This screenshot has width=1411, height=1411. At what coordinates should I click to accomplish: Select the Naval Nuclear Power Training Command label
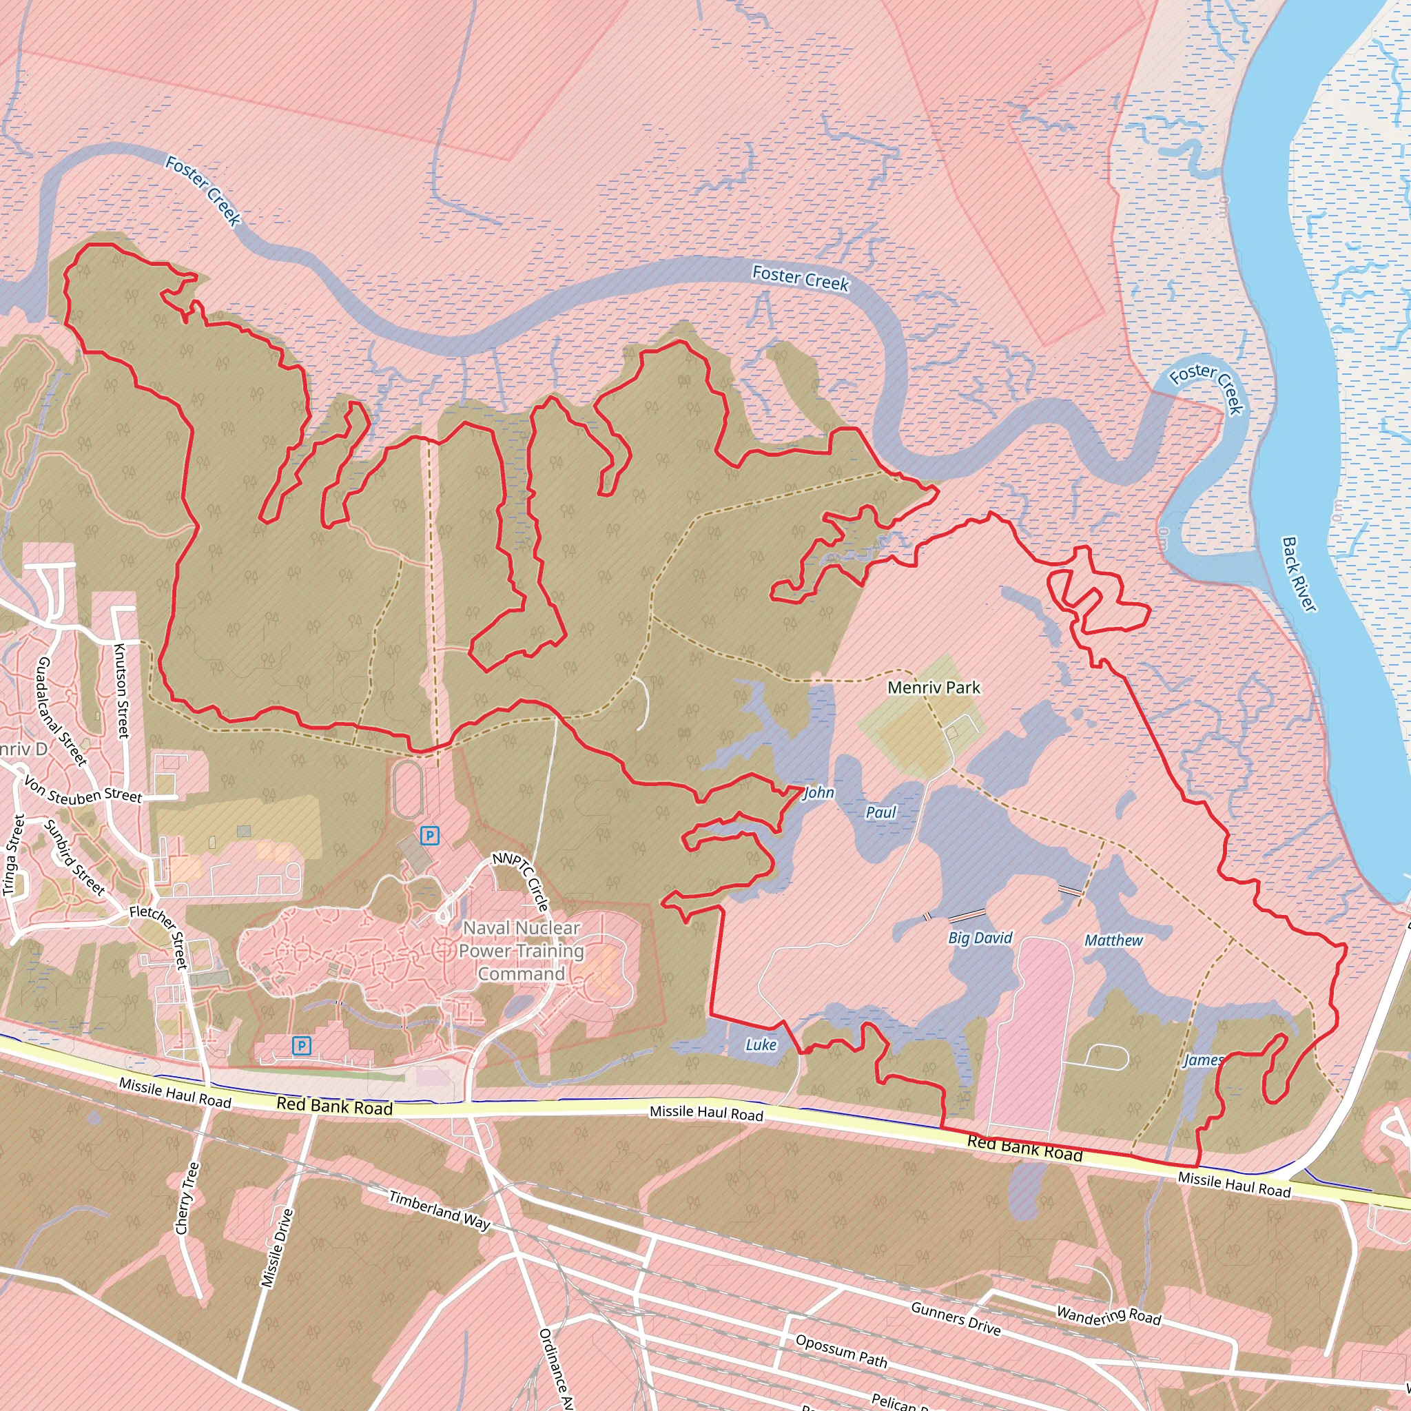pos(521,950)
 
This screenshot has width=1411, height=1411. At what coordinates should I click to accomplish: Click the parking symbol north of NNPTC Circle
pos(430,836)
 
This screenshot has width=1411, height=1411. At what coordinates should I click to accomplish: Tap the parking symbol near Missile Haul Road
pos(302,1046)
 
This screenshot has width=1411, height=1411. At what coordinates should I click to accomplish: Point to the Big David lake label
pos(980,938)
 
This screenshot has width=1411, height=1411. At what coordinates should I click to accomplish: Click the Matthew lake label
pos(1113,940)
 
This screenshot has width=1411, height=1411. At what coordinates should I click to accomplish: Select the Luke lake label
pos(761,1045)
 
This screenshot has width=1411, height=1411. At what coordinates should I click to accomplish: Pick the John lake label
pos(818,792)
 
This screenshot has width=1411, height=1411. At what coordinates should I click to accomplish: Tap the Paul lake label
pos(880,812)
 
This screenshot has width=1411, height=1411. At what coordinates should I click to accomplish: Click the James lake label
pos(1203,1060)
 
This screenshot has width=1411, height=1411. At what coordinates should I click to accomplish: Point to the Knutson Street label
pos(122,690)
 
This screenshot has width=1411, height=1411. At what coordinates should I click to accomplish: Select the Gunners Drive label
pos(956,1319)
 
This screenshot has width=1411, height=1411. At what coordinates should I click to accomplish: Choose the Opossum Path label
pos(841,1350)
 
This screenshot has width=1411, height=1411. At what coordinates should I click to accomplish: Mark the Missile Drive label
pos(278,1248)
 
